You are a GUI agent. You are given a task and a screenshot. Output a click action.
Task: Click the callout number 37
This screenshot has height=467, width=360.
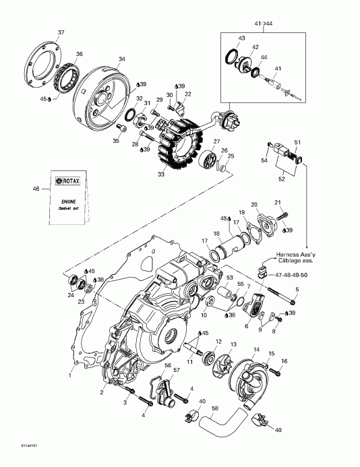pos(61,33)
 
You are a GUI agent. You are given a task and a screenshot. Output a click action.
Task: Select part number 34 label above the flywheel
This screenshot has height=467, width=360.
pos(121,59)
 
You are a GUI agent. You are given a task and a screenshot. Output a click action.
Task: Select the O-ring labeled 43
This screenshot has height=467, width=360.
pos(231,55)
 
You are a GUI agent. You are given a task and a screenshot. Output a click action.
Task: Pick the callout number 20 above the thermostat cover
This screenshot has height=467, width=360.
pos(254,205)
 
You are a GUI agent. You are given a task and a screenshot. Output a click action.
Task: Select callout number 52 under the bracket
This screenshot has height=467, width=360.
pos(281,179)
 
